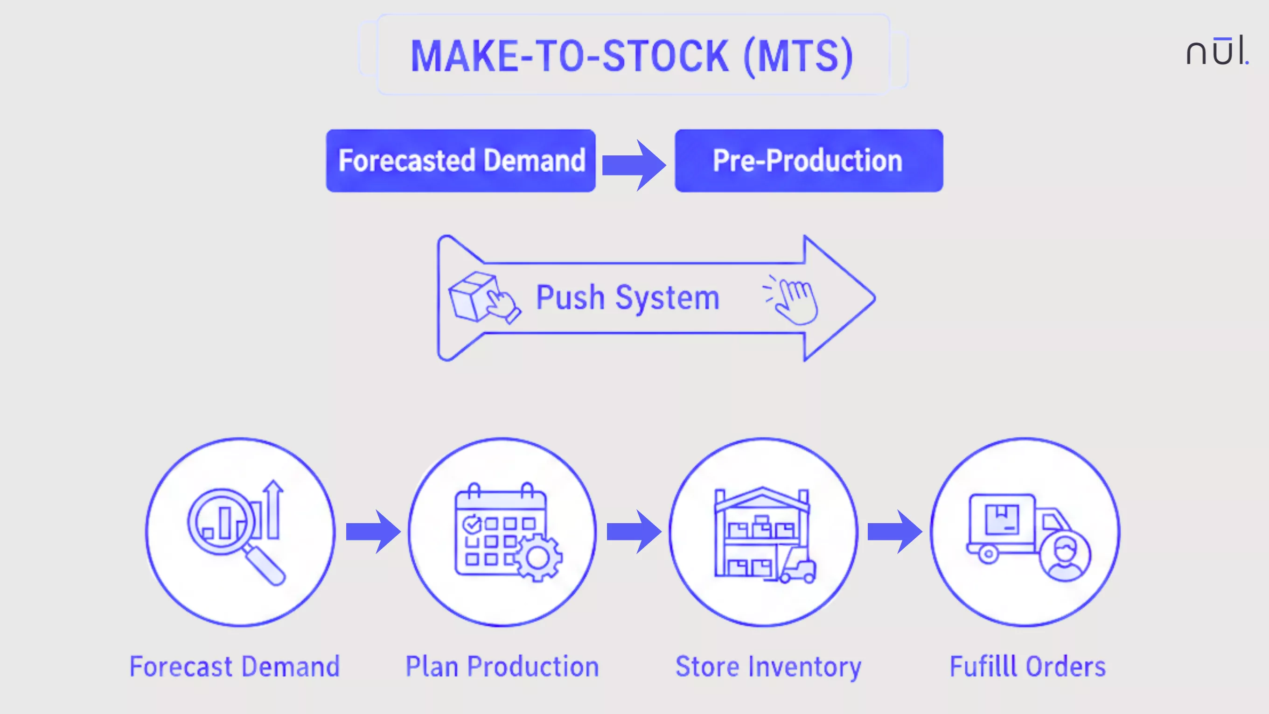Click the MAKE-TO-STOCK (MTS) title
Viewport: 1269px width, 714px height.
(x=632, y=56)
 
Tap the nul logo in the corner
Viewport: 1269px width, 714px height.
(x=1216, y=51)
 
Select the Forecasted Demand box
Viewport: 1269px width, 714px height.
(x=460, y=161)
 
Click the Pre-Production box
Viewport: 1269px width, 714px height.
(x=809, y=161)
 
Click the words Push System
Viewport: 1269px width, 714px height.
(x=627, y=298)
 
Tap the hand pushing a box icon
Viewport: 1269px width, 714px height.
(x=483, y=298)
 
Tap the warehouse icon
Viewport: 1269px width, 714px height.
(x=764, y=535)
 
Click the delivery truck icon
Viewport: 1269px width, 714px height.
(x=1015, y=527)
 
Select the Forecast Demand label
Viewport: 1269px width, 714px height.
(x=235, y=667)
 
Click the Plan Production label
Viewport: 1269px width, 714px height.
(x=502, y=667)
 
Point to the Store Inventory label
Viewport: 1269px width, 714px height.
(x=768, y=667)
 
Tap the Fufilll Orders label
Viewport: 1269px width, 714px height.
(x=1028, y=667)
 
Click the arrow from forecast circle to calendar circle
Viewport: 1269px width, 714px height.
(x=373, y=532)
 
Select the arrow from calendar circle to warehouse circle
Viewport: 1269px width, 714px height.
(x=634, y=532)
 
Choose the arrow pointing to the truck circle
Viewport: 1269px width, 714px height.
(x=894, y=532)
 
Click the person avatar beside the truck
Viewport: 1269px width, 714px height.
(x=1065, y=557)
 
